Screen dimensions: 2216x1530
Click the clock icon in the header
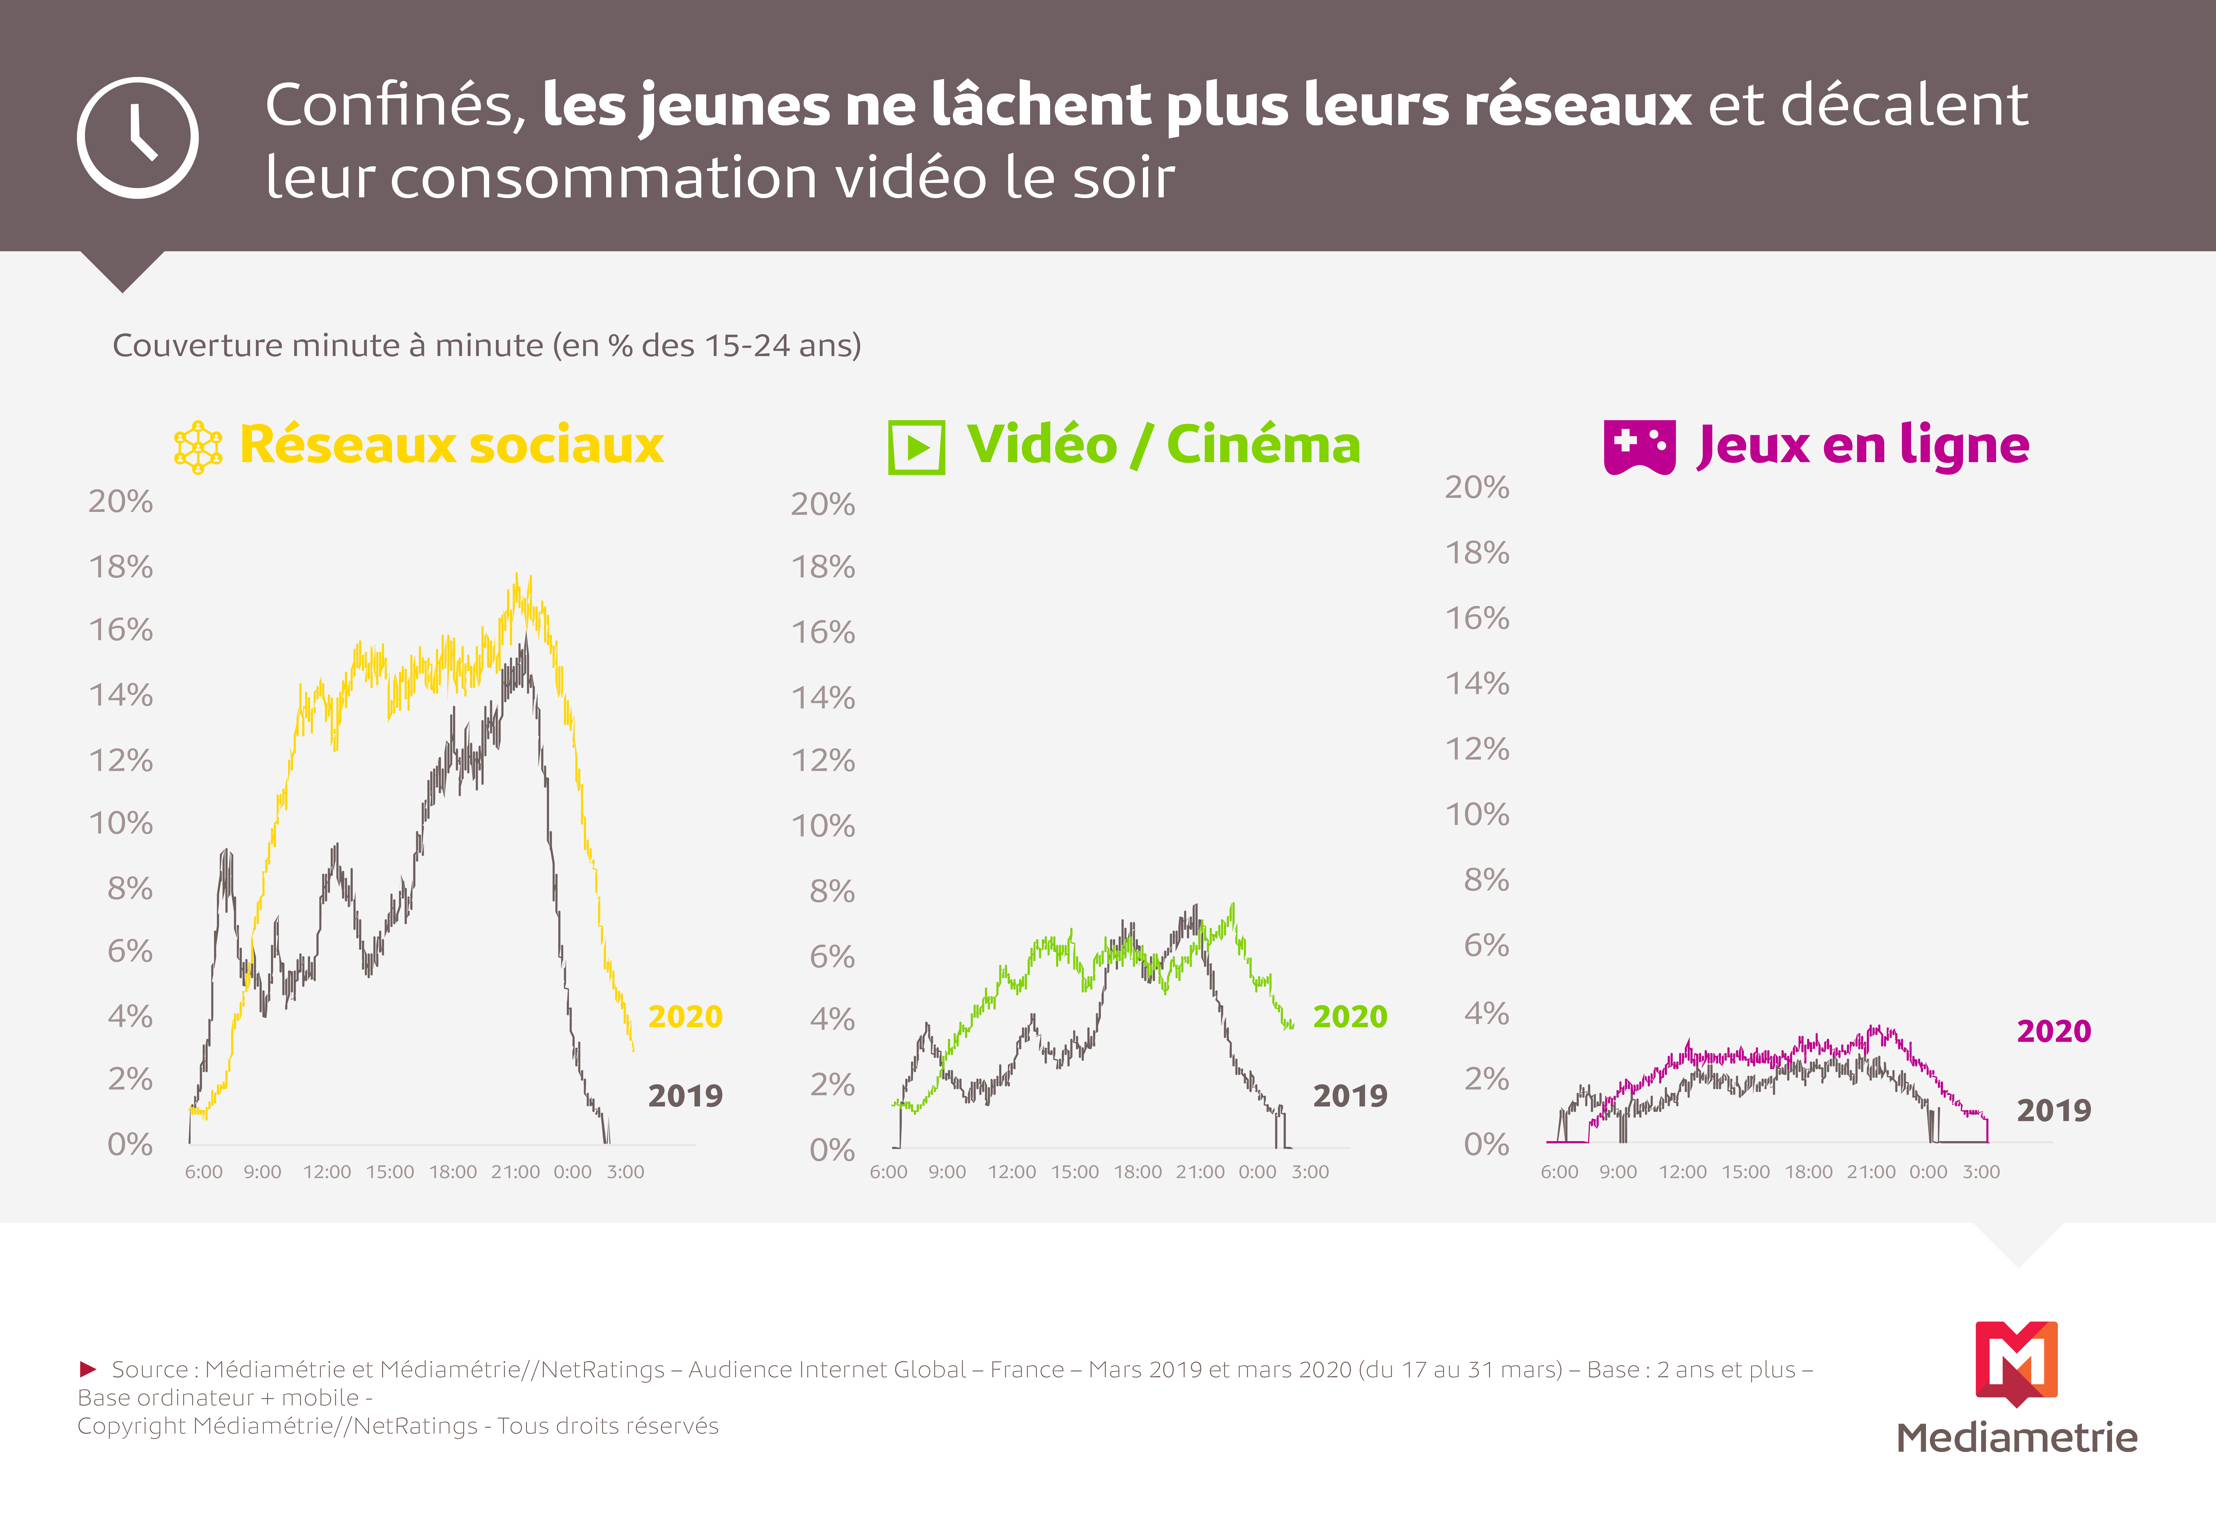tap(138, 138)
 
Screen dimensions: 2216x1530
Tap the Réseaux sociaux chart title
tap(451, 445)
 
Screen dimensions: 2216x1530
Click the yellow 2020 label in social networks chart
tap(685, 1016)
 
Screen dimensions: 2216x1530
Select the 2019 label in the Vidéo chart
tap(1350, 1096)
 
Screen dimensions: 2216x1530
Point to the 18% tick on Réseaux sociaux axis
tap(121, 567)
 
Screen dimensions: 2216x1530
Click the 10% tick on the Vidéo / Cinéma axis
tap(823, 825)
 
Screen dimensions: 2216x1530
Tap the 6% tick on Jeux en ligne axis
tap(1487, 945)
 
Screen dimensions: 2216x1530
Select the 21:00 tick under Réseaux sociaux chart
tap(516, 1171)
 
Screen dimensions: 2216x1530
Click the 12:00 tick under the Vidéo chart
tap(1012, 1171)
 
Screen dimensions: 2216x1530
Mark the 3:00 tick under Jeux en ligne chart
tap(1981, 1171)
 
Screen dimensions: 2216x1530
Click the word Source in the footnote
tap(150, 1370)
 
